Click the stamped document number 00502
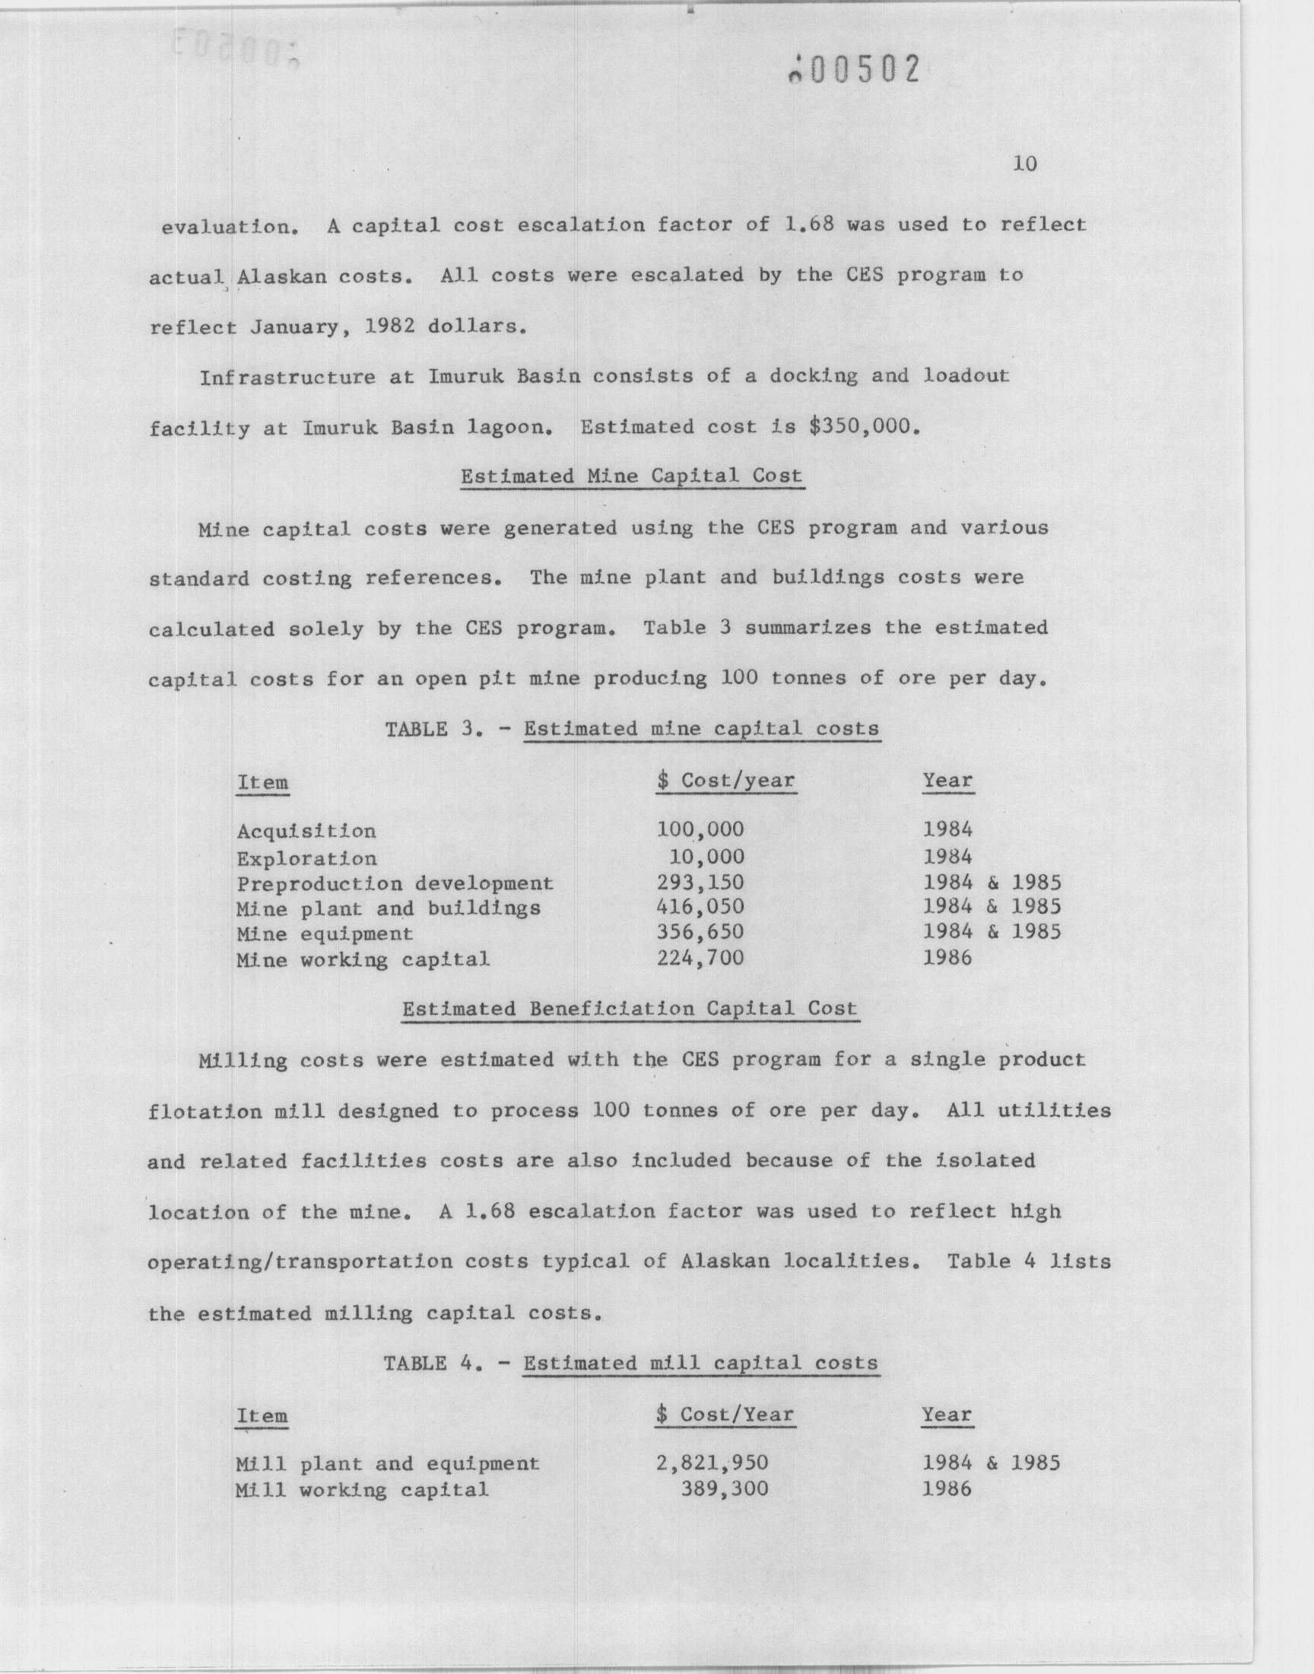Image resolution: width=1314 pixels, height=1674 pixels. click(855, 70)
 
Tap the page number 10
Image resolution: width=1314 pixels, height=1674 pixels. click(1025, 163)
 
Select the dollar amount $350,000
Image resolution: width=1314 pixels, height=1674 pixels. click(864, 425)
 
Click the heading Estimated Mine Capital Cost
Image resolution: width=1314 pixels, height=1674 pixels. click(631, 476)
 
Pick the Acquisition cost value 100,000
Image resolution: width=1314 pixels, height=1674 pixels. click(700, 829)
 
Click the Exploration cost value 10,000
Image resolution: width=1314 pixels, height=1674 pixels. click(706, 856)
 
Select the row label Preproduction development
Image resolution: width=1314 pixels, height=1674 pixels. click(395, 883)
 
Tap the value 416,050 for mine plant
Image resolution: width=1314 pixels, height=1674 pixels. click(700, 908)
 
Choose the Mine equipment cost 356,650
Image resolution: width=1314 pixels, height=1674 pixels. click(700, 932)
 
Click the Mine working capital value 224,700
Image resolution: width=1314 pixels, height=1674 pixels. click(700, 958)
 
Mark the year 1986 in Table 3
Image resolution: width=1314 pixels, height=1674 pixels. click(947, 958)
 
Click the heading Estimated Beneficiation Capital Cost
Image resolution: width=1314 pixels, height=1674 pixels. click(630, 1008)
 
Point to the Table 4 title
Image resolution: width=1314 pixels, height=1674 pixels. click(631, 1363)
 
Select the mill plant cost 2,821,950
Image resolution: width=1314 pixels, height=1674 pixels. click(712, 1462)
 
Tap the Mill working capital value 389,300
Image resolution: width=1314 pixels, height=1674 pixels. click(725, 1488)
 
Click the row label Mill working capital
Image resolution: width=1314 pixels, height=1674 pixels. click(362, 1489)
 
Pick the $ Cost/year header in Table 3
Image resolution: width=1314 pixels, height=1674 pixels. click(725, 781)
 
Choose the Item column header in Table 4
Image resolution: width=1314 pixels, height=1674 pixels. click(262, 1415)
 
